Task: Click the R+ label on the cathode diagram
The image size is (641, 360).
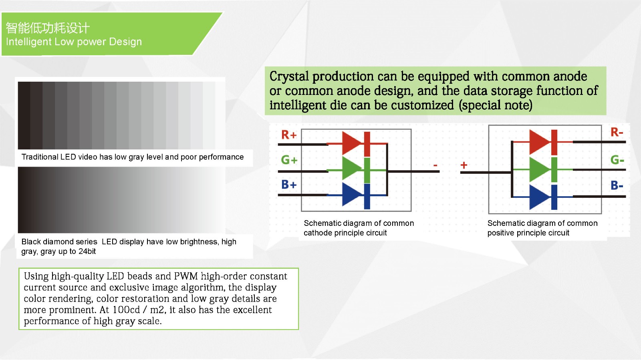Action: pyautogui.click(x=289, y=135)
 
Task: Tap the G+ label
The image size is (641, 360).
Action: pyautogui.click(x=289, y=159)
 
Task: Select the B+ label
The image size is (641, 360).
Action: pyautogui.click(x=289, y=185)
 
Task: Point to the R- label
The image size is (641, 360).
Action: pyautogui.click(x=617, y=132)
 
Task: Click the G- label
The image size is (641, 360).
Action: pyautogui.click(x=617, y=159)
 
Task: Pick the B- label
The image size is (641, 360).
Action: pyautogui.click(x=617, y=185)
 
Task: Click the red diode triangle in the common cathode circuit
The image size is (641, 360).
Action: pyautogui.click(x=352, y=143)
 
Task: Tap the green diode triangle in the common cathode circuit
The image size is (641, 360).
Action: pyautogui.click(x=352, y=169)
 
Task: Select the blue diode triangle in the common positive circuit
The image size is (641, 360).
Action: pyautogui.click(x=539, y=197)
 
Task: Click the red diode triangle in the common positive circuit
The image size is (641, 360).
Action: pyautogui.click(x=539, y=142)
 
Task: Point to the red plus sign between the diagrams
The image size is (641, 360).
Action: pyautogui.click(x=464, y=165)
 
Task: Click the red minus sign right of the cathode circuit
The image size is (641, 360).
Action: pyautogui.click(x=435, y=165)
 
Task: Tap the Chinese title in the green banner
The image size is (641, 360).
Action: pyautogui.click(x=48, y=28)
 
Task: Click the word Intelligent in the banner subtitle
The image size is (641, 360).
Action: pyautogui.click(x=28, y=42)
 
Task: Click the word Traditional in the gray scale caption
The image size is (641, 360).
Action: pyautogui.click(x=40, y=157)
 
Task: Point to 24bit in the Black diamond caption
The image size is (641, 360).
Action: pyautogui.click(x=87, y=251)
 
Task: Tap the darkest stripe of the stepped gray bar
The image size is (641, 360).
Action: pyautogui.click(x=24, y=115)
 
